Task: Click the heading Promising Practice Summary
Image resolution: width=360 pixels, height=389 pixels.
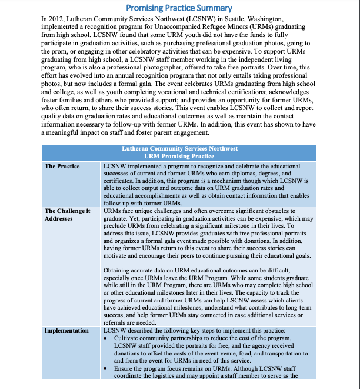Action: click(179, 8)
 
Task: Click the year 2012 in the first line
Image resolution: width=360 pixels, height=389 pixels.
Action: click(56, 19)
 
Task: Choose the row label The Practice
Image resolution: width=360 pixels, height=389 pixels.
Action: click(62, 167)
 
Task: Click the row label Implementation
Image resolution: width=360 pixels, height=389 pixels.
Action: click(66, 331)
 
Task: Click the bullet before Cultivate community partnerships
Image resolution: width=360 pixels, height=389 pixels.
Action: click(106, 338)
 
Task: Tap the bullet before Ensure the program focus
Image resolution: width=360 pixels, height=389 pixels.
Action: click(106, 368)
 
